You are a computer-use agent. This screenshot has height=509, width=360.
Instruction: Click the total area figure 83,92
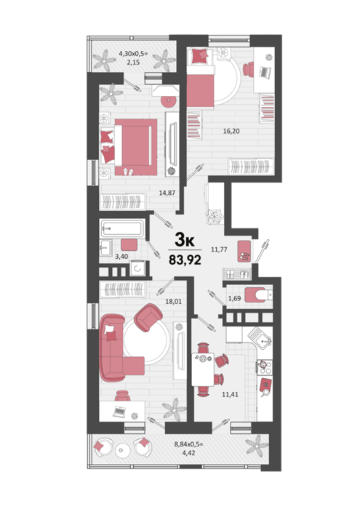pyautogui.click(x=185, y=260)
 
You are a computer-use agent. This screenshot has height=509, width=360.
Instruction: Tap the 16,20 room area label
pyautogui.click(x=231, y=131)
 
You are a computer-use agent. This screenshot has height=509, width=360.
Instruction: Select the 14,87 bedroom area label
pyautogui.click(x=167, y=193)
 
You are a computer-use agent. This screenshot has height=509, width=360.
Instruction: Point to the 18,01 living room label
pyautogui.click(x=173, y=302)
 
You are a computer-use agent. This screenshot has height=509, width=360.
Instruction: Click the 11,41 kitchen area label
pyautogui.click(x=230, y=394)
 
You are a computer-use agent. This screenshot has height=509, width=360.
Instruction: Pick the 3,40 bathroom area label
pyautogui.click(x=121, y=257)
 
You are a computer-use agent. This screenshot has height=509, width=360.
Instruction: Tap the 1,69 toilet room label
pyautogui.click(x=234, y=298)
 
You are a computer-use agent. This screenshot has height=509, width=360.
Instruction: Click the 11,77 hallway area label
pyautogui.click(x=219, y=249)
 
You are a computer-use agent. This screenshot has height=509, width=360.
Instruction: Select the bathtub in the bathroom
pyautogui.click(x=122, y=228)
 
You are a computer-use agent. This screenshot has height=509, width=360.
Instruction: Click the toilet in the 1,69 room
pyautogui.click(x=258, y=294)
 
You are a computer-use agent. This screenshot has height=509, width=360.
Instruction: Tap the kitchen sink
pyautogui.click(x=260, y=338)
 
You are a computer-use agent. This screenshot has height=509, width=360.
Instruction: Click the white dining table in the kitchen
pyautogui.click(x=203, y=369)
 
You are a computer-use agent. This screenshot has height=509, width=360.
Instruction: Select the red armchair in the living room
pyautogui.click(x=148, y=317)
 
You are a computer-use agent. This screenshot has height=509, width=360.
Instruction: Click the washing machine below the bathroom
pyautogui.click(x=137, y=268)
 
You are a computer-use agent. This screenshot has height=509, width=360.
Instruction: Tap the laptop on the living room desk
pyautogui.click(x=119, y=412)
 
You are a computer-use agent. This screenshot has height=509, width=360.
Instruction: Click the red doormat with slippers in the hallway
pyautogui.click(x=244, y=251)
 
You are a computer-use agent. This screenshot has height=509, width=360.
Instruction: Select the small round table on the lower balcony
pyautogui.click(x=122, y=450)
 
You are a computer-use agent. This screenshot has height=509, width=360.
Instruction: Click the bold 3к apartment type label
pyautogui.click(x=185, y=240)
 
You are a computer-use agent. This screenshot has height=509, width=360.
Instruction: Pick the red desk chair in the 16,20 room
pyautogui.click(x=249, y=69)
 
